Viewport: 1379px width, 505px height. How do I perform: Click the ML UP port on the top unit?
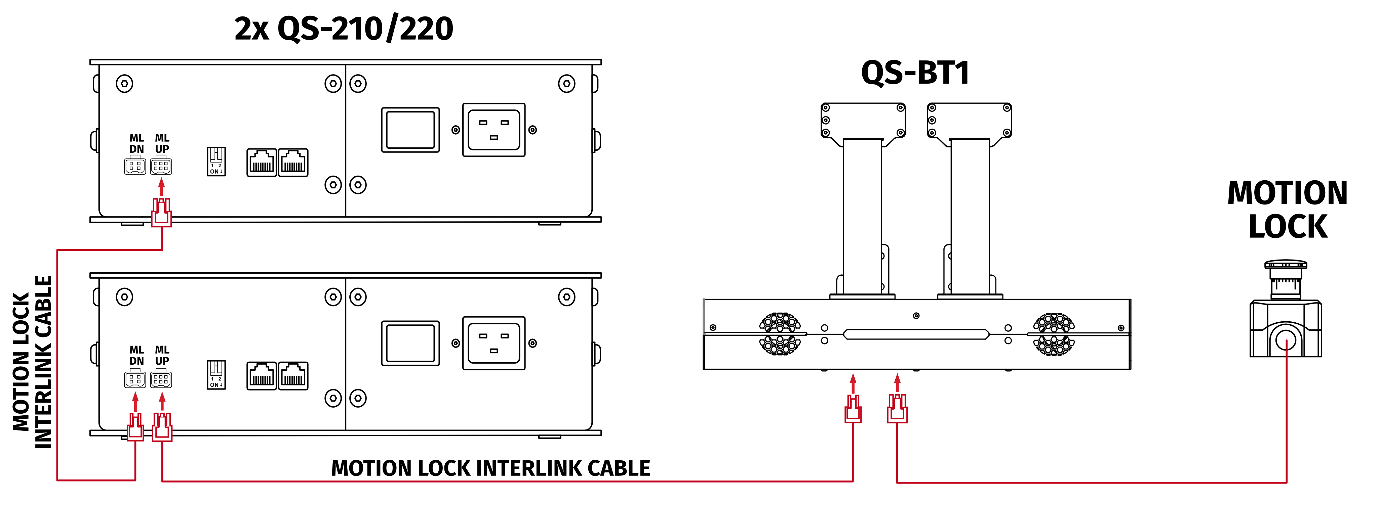[x=161, y=166]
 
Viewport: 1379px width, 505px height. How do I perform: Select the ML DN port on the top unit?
[x=135, y=166]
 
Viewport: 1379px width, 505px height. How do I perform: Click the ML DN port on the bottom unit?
[x=135, y=379]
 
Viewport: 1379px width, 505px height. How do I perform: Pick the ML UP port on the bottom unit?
[x=161, y=379]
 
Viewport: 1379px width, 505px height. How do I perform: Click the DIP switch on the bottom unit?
[x=216, y=374]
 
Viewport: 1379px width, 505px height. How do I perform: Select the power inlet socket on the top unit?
[x=494, y=130]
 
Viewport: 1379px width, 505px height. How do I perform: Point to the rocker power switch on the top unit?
[x=410, y=130]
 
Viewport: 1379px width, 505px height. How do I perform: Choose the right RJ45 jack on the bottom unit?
[x=293, y=375]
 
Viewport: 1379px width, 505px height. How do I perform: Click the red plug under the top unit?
[x=161, y=213]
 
